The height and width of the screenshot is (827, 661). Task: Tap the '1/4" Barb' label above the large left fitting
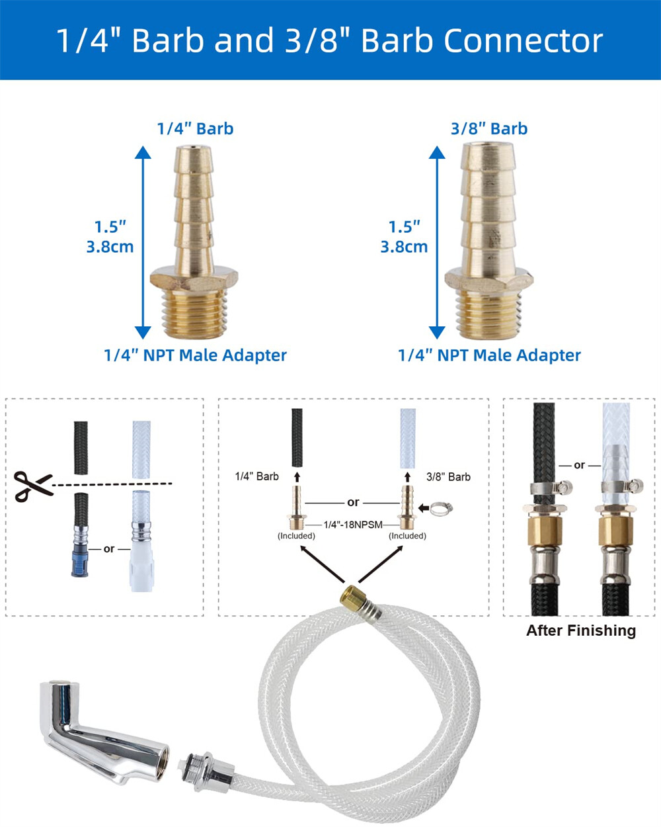point(196,129)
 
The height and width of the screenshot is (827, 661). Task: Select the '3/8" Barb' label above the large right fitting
point(489,129)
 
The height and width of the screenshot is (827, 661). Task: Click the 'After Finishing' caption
point(581,631)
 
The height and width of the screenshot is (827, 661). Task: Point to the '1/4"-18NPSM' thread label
point(353,525)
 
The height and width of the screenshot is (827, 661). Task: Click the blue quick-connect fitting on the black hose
point(79,562)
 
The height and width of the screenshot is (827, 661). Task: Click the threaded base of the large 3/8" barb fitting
point(488,314)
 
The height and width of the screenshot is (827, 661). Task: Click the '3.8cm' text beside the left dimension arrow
point(110,247)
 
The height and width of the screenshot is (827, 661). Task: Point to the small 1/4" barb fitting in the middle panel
point(297,507)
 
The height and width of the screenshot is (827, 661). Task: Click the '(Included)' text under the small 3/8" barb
point(408,536)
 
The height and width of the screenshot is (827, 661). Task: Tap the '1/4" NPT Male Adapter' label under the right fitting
point(489,355)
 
